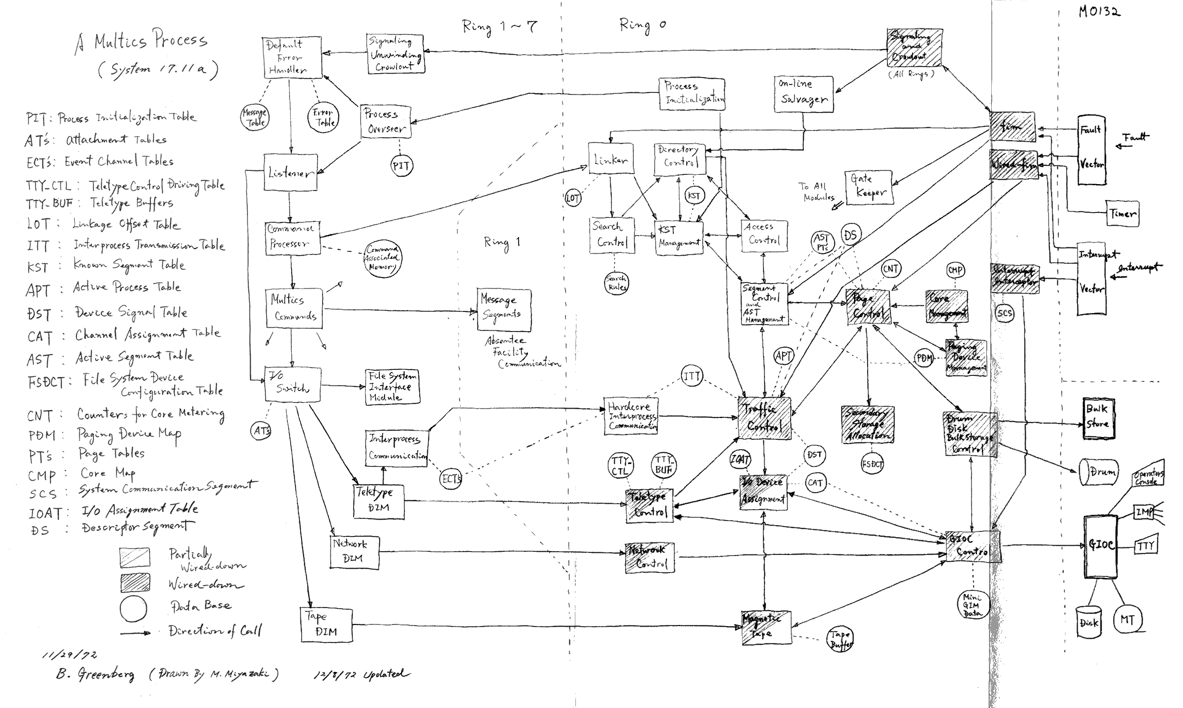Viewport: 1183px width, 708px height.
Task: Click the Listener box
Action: tap(290, 172)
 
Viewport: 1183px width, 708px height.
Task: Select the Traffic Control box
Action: tap(764, 417)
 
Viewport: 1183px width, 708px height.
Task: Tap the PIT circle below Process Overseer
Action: tap(401, 166)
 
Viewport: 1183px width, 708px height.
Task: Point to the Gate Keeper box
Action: tap(869, 187)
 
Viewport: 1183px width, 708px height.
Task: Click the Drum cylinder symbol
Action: tap(1099, 471)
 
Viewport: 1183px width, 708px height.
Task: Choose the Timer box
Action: tap(1122, 214)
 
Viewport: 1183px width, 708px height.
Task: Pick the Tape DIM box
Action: tap(326, 624)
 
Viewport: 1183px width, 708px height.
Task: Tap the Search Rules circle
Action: tap(616, 283)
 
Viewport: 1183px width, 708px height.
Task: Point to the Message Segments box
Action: tap(503, 309)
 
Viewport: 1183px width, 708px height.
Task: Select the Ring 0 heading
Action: tap(642, 25)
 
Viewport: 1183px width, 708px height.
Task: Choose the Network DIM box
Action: tap(355, 552)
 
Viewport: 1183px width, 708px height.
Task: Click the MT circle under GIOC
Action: tap(1128, 619)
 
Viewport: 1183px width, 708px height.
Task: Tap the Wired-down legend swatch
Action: tap(135, 583)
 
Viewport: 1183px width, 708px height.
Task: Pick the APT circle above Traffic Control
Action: tap(784, 356)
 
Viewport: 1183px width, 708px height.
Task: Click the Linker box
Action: tap(611, 159)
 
